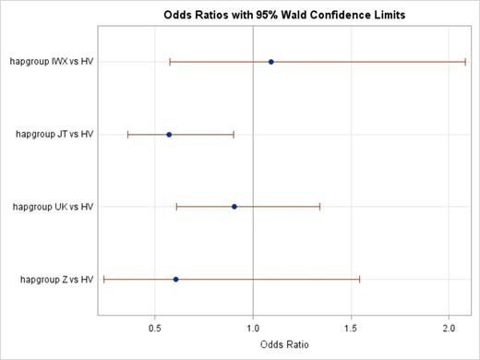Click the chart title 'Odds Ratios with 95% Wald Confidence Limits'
[270, 16]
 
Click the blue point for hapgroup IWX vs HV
[270, 62]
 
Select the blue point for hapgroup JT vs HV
[169, 135]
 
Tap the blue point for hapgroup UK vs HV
[234, 207]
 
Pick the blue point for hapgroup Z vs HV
[176, 279]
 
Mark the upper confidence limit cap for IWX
[465, 62]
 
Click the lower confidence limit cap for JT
[128, 135]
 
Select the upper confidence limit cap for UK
[319, 207]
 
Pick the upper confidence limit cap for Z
[359, 279]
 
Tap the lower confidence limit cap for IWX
[170, 62]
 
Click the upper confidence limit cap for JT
[234, 135]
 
